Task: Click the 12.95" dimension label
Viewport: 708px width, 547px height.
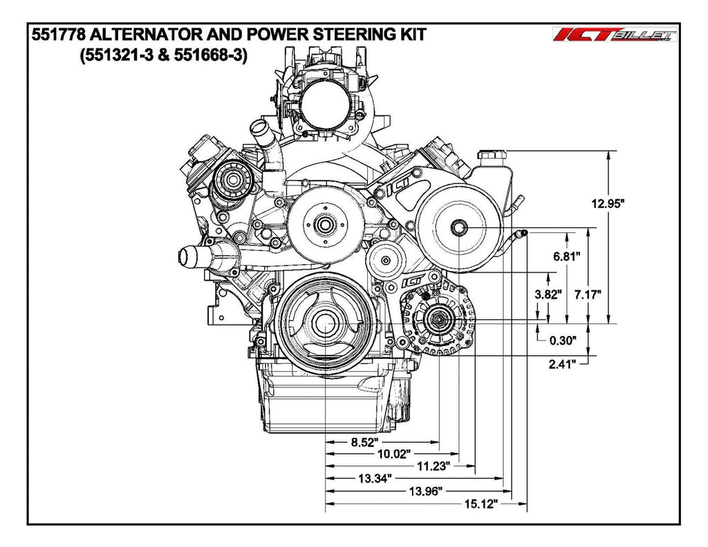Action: point(608,203)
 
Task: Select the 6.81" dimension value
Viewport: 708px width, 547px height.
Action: point(566,255)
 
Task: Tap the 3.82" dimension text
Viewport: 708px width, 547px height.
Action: point(548,293)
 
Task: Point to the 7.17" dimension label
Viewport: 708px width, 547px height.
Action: point(588,294)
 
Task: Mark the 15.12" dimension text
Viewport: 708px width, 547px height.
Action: point(479,504)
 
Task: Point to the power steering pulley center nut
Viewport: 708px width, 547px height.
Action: point(458,228)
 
